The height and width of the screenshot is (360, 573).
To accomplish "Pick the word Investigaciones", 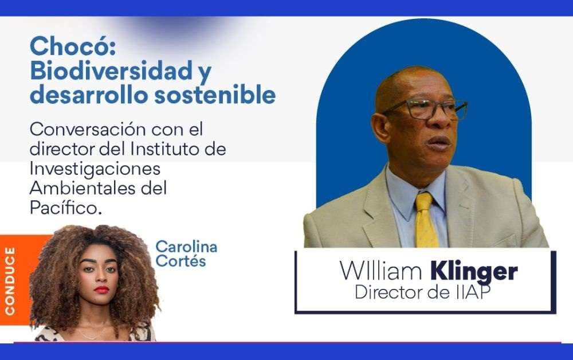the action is pyautogui.click(x=95, y=169).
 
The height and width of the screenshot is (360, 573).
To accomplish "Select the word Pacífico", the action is pyautogui.click(x=65, y=208).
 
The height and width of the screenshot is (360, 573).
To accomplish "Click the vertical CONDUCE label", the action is pyautogui.click(x=10, y=281).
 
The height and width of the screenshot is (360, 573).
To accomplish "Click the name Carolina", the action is pyautogui.click(x=186, y=247).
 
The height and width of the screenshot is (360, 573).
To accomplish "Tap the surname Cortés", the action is pyautogui.click(x=180, y=261).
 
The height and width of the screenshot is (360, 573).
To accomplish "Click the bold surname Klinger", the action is pyautogui.click(x=474, y=272).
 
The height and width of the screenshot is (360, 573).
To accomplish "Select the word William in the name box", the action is pyautogui.click(x=381, y=271).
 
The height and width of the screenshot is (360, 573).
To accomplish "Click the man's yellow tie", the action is pyautogui.click(x=426, y=220).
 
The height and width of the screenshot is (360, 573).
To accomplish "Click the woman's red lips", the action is pyautogui.click(x=101, y=290).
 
